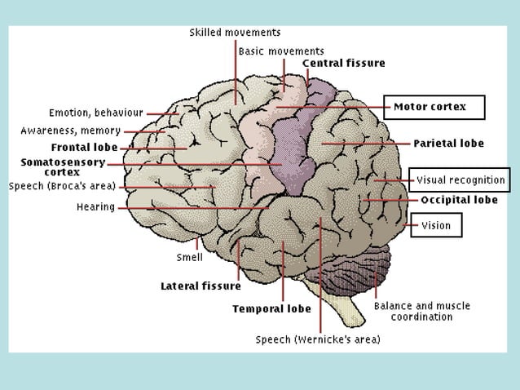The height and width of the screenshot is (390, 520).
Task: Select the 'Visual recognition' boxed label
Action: (x=461, y=179)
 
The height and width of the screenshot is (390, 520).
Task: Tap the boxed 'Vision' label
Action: (x=436, y=226)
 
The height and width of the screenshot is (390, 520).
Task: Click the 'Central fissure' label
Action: (x=343, y=63)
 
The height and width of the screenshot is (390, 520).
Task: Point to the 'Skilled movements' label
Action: (x=235, y=33)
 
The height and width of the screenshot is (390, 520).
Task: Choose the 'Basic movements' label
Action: (x=281, y=51)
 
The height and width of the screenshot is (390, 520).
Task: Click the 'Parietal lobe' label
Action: (x=448, y=144)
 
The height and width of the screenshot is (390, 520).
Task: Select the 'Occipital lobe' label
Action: (x=459, y=200)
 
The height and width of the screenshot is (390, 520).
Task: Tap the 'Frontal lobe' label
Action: (x=84, y=148)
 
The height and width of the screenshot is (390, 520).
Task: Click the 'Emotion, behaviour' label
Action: (x=96, y=113)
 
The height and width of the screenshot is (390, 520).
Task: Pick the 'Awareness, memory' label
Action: (x=71, y=131)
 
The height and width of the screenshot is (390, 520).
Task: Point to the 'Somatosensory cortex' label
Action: (x=63, y=167)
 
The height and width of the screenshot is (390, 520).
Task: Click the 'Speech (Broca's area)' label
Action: (x=62, y=186)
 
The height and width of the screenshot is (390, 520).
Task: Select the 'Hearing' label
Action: (x=95, y=207)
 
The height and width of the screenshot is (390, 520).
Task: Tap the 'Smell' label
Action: (x=190, y=257)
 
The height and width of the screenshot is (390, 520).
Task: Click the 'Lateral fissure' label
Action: (x=201, y=286)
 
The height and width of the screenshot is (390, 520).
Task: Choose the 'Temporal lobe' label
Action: (x=271, y=309)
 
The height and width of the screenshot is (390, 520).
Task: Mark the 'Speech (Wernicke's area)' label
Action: (x=318, y=339)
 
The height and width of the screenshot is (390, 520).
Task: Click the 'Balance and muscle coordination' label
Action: (x=421, y=311)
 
